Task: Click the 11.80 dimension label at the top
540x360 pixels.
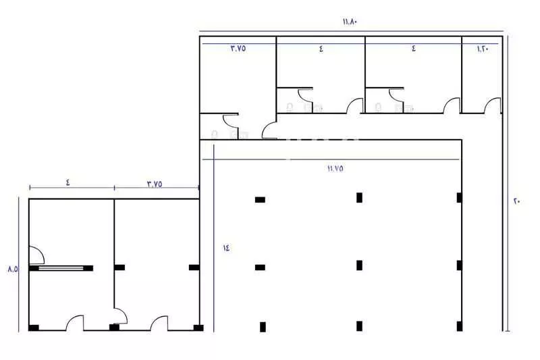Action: tap(350, 22)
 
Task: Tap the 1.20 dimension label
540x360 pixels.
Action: tap(483, 49)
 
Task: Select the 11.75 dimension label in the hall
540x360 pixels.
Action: tap(335, 168)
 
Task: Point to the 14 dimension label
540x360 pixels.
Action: tap(226, 247)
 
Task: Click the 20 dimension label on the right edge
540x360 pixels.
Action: tap(517, 201)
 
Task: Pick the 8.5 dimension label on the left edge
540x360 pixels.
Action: tap(13, 269)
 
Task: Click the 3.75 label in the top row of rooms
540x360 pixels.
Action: tap(238, 48)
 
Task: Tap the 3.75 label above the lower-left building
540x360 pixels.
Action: tap(155, 184)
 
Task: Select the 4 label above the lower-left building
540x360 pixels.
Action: tap(68, 182)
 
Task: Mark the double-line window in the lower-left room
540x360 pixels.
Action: tap(61, 268)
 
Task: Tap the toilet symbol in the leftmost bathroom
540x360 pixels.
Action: tap(215, 134)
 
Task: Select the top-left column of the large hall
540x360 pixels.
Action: tap(260, 200)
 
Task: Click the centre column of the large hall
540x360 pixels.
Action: tap(359, 265)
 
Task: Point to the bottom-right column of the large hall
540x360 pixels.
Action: tap(460, 326)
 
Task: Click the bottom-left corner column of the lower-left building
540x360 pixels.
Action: tap(34, 328)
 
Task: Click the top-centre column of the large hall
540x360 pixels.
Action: tap(359, 198)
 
